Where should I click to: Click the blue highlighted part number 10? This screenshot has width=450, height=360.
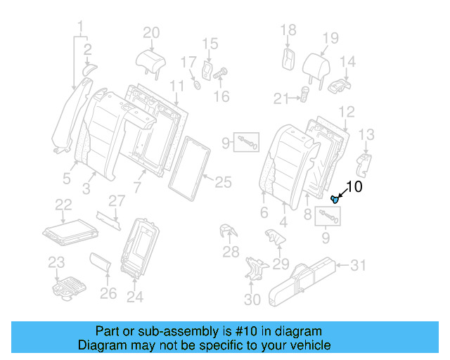point(336,199)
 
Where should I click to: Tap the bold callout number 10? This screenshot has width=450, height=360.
point(354,186)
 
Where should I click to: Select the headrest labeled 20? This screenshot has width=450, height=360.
point(150,61)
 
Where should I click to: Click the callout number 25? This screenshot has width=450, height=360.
point(222,183)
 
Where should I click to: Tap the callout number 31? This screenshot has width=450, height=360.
point(359,265)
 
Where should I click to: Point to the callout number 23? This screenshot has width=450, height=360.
point(56,263)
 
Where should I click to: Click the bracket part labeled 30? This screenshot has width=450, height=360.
point(255,270)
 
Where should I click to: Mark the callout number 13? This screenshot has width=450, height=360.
point(366,134)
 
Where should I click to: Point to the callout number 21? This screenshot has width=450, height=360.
point(281,98)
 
